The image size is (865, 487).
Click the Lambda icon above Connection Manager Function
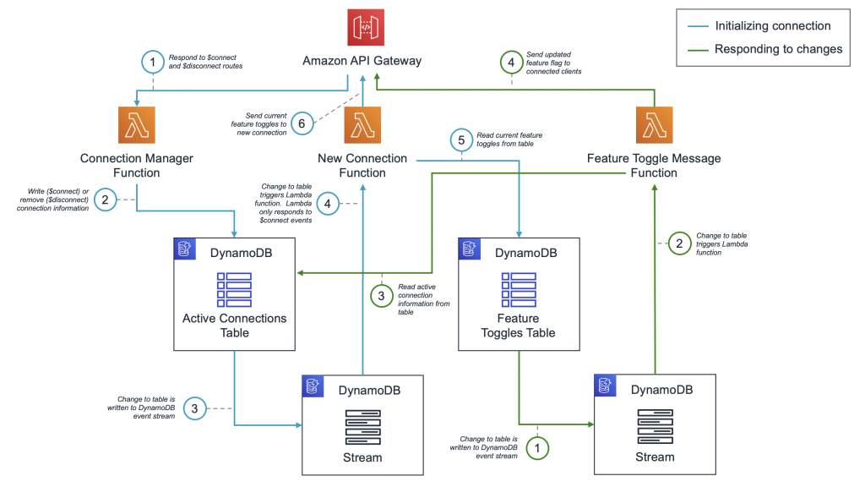(x=137, y=125)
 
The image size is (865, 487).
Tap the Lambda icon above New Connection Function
(x=362, y=125)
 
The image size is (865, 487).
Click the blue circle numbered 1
(x=153, y=62)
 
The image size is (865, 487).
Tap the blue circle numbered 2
(x=106, y=200)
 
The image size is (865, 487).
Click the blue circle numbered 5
(x=460, y=141)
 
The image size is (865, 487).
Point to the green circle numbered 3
(x=381, y=296)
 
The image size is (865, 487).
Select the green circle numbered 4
(x=510, y=62)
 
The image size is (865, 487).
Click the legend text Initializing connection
(x=772, y=25)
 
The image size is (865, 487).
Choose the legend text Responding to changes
(x=778, y=49)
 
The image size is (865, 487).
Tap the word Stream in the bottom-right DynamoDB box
(x=655, y=457)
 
